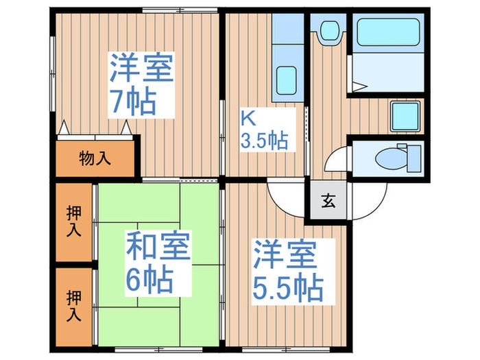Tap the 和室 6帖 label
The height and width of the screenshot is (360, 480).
tap(157, 261)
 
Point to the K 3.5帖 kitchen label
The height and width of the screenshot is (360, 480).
tap(263, 130)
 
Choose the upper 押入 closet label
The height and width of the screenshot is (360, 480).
tap(73, 221)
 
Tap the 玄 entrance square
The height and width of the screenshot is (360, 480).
tap(328, 202)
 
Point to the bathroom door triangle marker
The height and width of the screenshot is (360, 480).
tap(359, 87)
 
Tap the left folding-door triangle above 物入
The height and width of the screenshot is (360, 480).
tap(64, 128)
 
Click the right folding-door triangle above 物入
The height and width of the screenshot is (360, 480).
tap(126, 128)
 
